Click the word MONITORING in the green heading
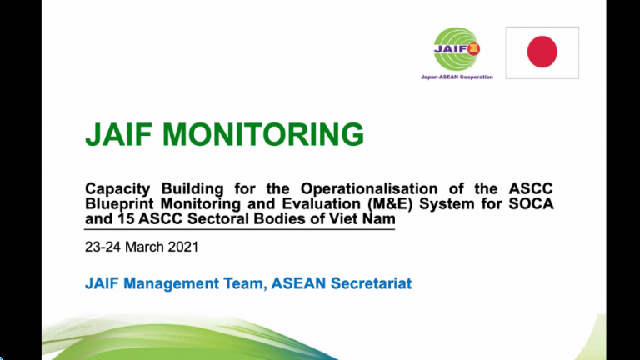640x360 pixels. [x=266, y=134]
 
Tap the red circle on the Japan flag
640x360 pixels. [x=542, y=52]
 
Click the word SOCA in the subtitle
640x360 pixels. [x=532, y=205]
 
